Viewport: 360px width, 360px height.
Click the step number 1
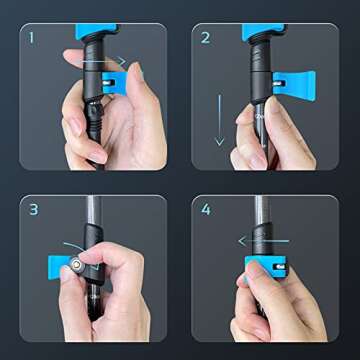point(32,37)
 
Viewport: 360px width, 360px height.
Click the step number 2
point(205,38)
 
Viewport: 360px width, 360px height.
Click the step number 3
point(33,210)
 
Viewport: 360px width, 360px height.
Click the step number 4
point(206,210)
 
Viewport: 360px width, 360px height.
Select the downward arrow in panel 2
point(219,120)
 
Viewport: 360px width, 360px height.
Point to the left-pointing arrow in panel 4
point(264,241)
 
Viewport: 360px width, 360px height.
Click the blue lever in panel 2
point(294,85)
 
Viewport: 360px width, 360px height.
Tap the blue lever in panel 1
point(115,83)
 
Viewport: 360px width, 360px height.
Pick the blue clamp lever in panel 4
point(266,266)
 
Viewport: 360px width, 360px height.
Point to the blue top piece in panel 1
point(96,31)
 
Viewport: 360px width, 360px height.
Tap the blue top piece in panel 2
point(263,31)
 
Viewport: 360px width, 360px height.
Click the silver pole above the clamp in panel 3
point(92,210)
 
